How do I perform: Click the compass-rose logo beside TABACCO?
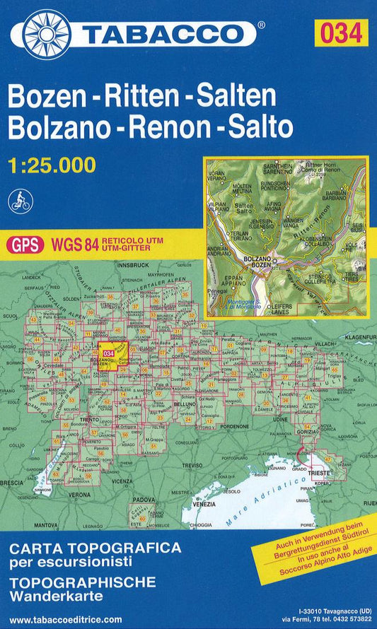click(x=47, y=33)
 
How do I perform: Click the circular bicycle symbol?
click(x=19, y=201)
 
